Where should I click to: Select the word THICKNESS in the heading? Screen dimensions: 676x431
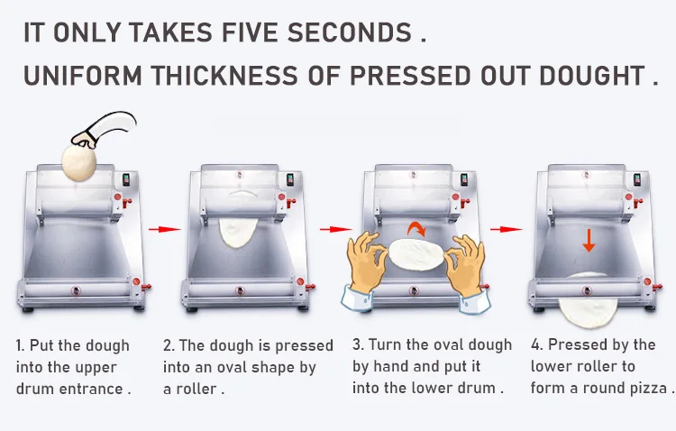pyautogui.click(x=224, y=76)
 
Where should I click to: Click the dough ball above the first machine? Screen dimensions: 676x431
pyautogui.click(x=79, y=162)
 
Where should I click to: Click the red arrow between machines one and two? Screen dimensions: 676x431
pyautogui.click(x=165, y=229)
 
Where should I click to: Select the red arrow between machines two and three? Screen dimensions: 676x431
pyautogui.click(x=336, y=229)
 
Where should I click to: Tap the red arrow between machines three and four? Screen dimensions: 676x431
pyautogui.click(x=507, y=229)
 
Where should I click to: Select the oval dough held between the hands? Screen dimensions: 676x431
pyautogui.click(x=416, y=254)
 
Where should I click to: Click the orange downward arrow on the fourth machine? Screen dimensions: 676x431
pyautogui.click(x=589, y=241)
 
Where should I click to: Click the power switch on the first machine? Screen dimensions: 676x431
pyautogui.click(x=126, y=179)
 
